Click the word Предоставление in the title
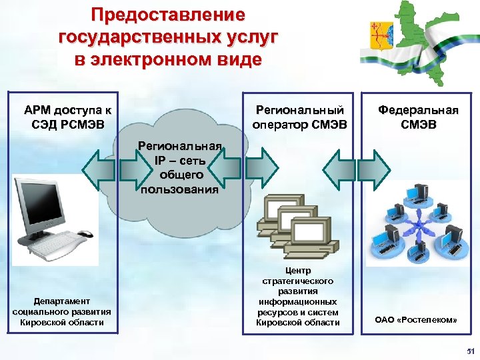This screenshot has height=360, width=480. (x=169, y=15)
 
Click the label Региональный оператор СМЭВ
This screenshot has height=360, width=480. (x=300, y=117)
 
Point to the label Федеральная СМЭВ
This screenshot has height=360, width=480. (x=418, y=117)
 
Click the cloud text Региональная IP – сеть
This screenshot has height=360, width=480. (x=179, y=153)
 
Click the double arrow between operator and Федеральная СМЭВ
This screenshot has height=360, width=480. (x=356, y=164)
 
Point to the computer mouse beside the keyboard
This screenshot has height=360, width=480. (x=85, y=234)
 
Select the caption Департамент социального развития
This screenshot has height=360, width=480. (x=61, y=311)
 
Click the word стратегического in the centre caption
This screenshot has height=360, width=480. (x=297, y=281)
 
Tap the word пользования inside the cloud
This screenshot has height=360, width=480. (x=179, y=189)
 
